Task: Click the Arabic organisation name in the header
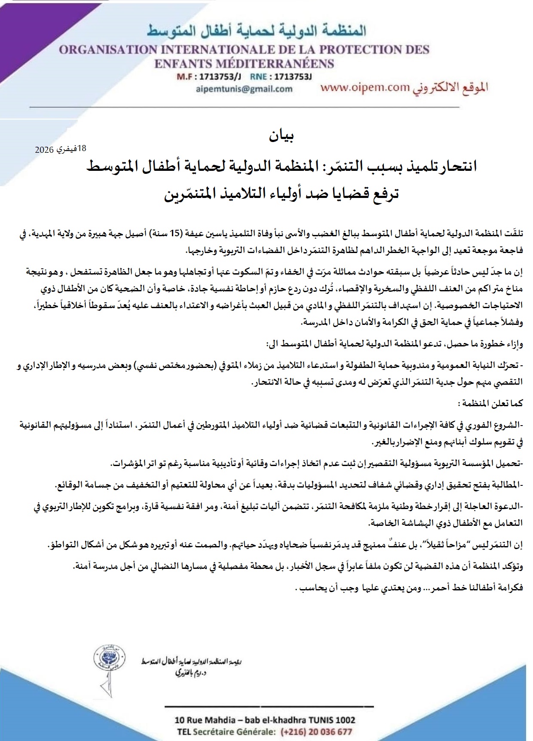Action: (x=257, y=31)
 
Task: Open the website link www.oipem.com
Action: (x=365, y=87)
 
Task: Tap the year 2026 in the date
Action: (x=44, y=150)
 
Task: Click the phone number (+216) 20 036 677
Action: (x=316, y=732)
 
